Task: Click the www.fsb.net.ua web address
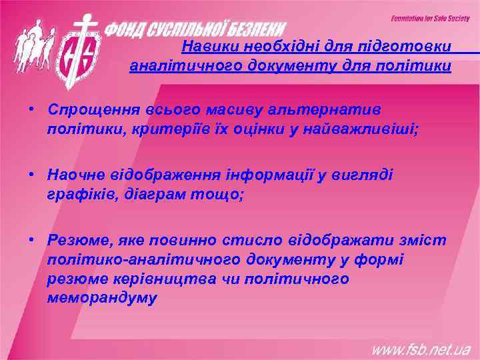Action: (421, 348)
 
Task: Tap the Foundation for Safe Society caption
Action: (430, 18)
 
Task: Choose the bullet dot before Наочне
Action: (31, 174)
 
